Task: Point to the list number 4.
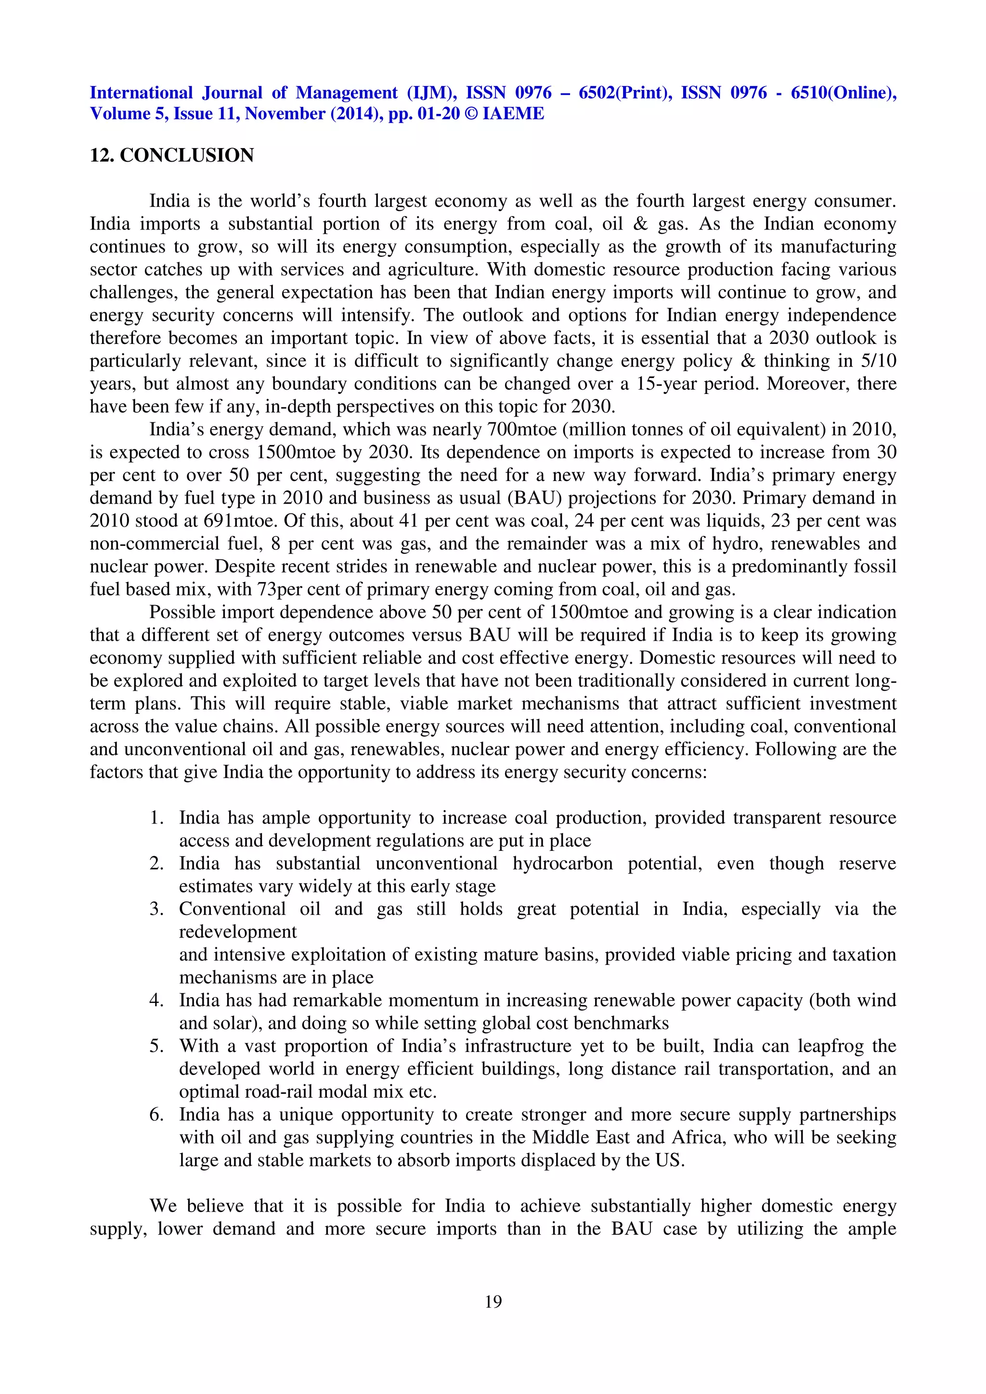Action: tap(156, 1000)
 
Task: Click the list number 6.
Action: tap(156, 1114)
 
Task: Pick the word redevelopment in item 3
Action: tap(237, 932)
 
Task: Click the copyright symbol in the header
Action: tap(471, 114)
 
